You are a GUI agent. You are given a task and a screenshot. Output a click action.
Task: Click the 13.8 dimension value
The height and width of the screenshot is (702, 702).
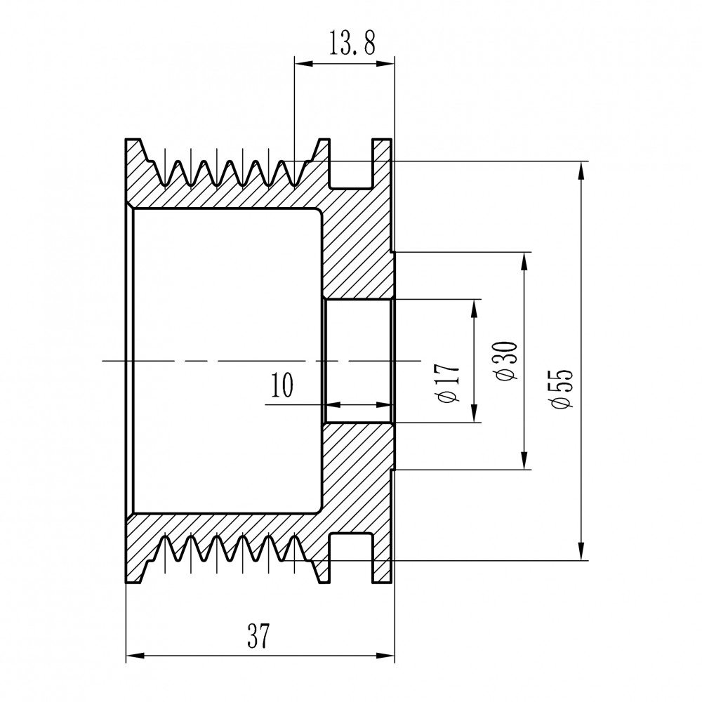pyautogui.click(x=352, y=43)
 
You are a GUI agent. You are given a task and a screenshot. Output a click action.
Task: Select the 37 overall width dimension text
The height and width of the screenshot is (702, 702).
pyautogui.click(x=259, y=636)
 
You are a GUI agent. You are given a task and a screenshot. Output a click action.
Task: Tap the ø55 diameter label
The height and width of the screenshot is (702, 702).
pyautogui.click(x=562, y=389)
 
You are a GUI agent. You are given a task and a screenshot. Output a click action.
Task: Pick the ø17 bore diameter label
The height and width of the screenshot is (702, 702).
pyautogui.click(x=449, y=383)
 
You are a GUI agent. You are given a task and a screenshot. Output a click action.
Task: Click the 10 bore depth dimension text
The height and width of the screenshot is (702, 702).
pyautogui.click(x=282, y=385)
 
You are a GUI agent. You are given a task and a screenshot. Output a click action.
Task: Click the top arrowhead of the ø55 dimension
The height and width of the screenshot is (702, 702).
pyautogui.click(x=581, y=171)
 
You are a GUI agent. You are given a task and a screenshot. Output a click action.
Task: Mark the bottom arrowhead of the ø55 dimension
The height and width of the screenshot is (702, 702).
pyautogui.click(x=581, y=550)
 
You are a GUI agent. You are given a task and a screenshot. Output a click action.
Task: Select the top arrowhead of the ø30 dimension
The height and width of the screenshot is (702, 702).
pyautogui.click(x=524, y=263)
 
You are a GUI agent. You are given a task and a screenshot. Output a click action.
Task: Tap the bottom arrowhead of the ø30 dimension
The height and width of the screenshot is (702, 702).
pyautogui.click(x=524, y=460)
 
